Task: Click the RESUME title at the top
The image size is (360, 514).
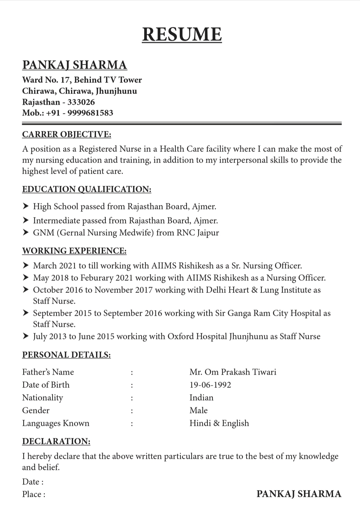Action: [x=182, y=34]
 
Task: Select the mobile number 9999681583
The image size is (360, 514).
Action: [x=90, y=113]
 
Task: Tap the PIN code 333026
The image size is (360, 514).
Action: [x=81, y=102]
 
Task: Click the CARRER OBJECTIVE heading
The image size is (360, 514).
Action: [x=66, y=134]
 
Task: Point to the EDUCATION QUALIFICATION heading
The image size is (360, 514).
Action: [x=87, y=189]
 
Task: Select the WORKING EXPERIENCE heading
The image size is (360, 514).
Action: [x=74, y=251]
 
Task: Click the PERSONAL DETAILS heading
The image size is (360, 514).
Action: [x=66, y=355]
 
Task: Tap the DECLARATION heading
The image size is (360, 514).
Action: [x=56, y=441]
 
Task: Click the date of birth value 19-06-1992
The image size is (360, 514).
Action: [x=210, y=385]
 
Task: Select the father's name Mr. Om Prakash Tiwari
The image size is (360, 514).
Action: [x=233, y=372]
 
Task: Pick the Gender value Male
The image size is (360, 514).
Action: [x=198, y=410]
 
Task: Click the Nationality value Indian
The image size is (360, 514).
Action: [x=201, y=398]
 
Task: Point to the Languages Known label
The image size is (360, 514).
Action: [x=56, y=423]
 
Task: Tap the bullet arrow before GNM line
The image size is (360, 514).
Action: [x=26, y=232]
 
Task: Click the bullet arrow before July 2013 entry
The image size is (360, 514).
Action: [x=26, y=336]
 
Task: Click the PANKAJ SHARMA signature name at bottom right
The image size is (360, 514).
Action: [x=299, y=494]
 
